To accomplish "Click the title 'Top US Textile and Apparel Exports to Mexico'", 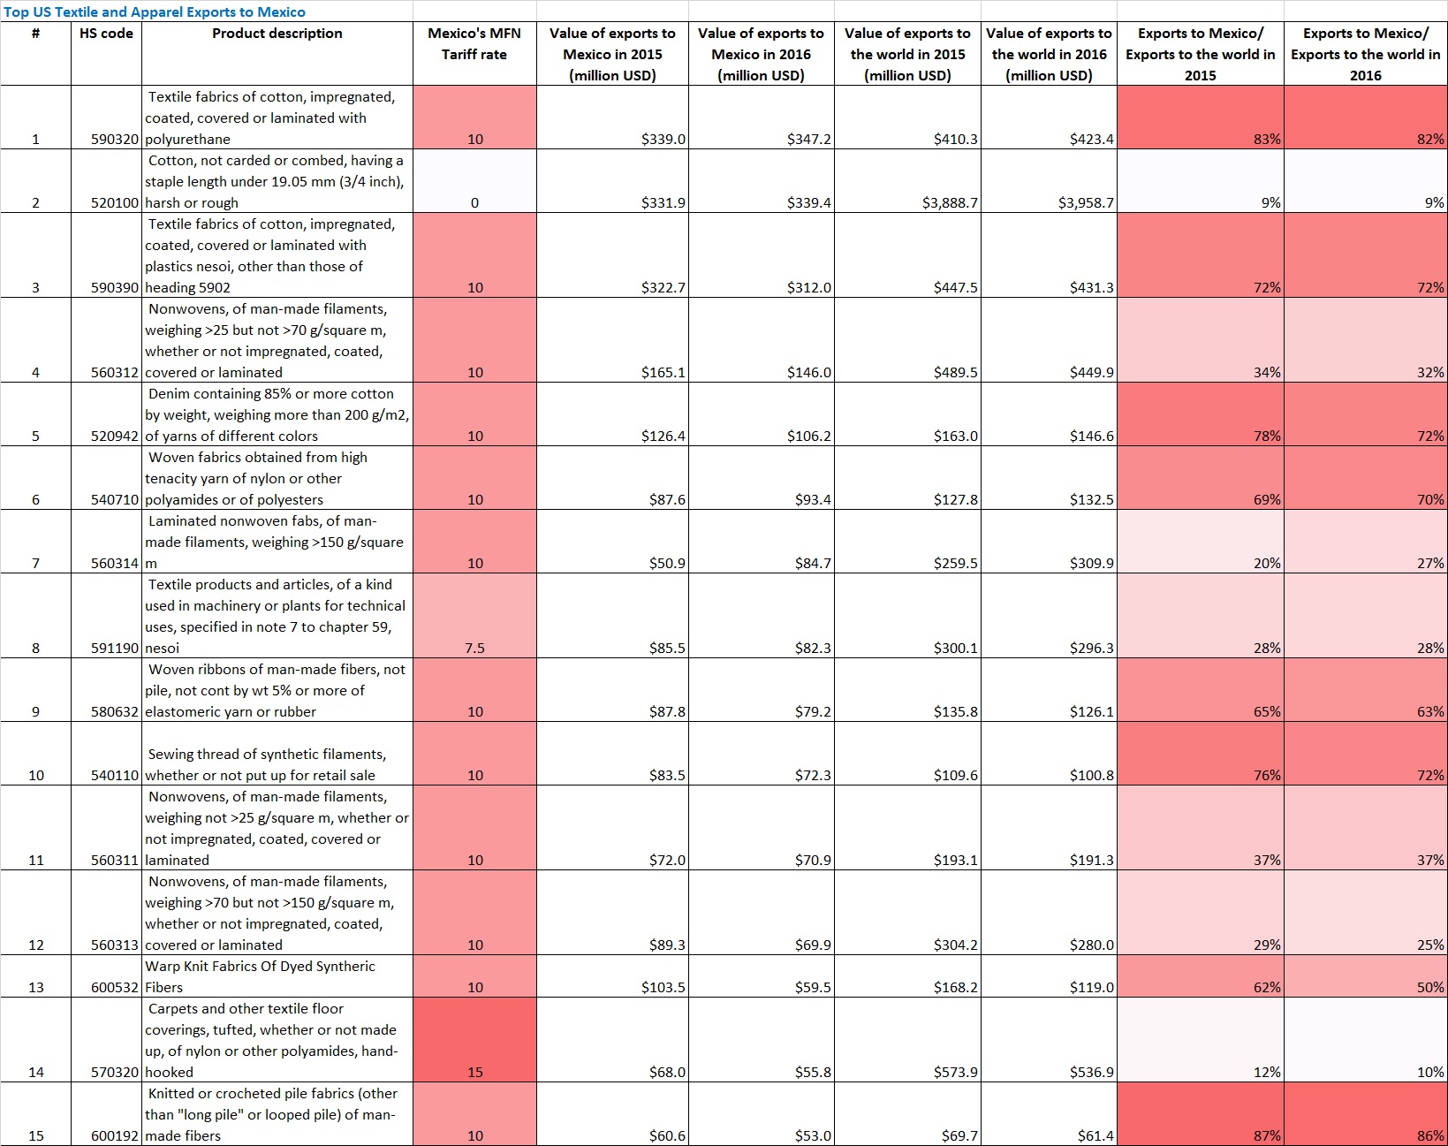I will [155, 11].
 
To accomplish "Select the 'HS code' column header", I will [106, 34].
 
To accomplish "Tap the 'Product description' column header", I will [277, 34].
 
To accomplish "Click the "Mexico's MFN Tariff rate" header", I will [474, 44].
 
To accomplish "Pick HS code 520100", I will [115, 202].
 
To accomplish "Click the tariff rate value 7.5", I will [474, 648].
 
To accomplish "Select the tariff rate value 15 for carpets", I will [474, 1072].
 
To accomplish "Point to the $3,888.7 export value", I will [950, 202].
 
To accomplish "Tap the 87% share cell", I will [1267, 1135].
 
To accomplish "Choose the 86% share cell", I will [1430, 1135].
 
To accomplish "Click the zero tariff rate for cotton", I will [474, 202].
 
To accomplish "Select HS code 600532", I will [115, 987].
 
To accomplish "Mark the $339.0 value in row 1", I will [663, 139].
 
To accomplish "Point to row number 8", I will [35, 648].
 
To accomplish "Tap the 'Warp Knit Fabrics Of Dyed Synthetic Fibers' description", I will [260, 976].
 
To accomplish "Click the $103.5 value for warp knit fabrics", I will [663, 987].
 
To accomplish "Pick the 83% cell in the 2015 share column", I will [1267, 139].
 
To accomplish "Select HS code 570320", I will [115, 1072].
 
